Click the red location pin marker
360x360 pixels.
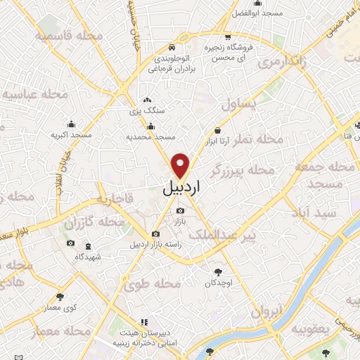point(181,164)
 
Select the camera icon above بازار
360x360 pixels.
point(181,210)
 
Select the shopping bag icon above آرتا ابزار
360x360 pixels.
point(218,130)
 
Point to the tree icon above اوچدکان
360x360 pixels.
point(218,271)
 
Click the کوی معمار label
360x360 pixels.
point(60,308)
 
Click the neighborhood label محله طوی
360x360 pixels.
point(153,284)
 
